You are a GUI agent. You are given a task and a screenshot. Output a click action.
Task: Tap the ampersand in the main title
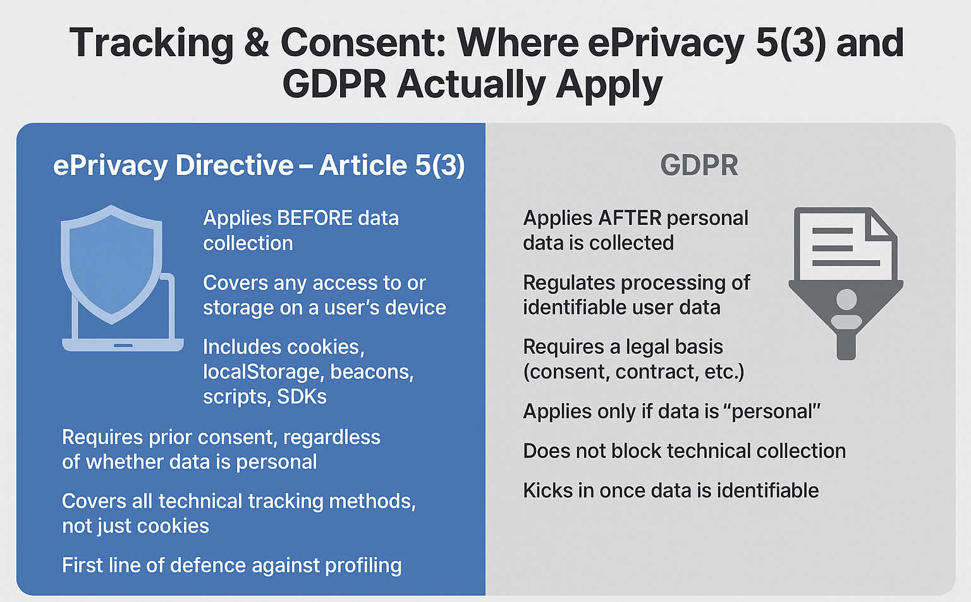[x=257, y=43]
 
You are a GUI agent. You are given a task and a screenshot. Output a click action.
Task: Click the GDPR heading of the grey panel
[x=699, y=166]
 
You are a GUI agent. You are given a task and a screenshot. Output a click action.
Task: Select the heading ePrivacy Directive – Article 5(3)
[x=259, y=166]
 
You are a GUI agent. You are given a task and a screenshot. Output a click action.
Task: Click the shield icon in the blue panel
[x=111, y=262]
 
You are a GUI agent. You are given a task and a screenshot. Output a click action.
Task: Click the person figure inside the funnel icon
[x=846, y=310]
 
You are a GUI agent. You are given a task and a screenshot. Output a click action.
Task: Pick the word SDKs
[x=302, y=397]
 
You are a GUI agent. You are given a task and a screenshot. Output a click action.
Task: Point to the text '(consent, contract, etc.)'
[x=633, y=372]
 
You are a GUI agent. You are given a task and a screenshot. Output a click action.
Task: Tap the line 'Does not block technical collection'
[x=684, y=451]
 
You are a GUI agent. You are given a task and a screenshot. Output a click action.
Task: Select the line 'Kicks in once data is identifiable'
[x=671, y=491]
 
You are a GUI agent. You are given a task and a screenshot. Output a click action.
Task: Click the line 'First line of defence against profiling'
[x=231, y=565]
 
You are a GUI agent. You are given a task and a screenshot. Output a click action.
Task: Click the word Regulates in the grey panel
[x=569, y=283]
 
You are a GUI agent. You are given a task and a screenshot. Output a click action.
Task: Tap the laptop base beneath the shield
[x=123, y=345]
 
